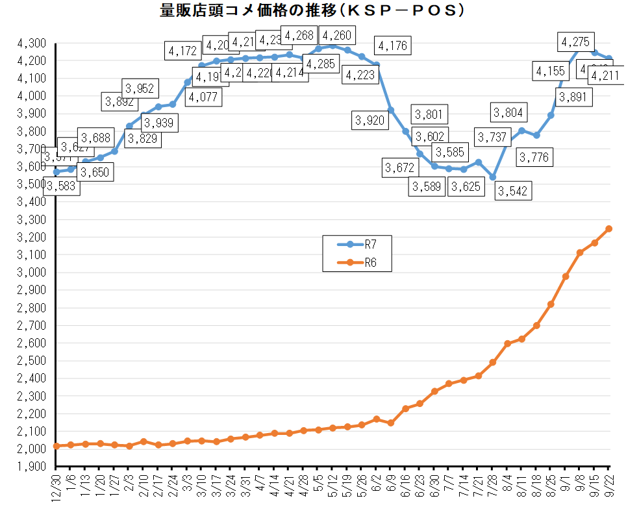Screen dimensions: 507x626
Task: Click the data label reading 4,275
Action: pyautogui.click(x=575, y=42)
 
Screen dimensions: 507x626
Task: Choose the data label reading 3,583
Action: pyautogui.click(x=62, y=187)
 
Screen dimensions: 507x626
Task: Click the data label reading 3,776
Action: pyautogui.click(x=534, y=157)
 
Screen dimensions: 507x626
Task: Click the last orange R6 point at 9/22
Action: pyautogui.click(x=609, y=229)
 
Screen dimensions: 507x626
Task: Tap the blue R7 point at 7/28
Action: pyautogui.click(x=493, y=177)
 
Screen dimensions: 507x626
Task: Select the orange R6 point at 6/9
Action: pyautogui.click(x=391, y=423)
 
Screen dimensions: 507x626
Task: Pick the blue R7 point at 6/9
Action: pyautogui.click(x=391, y=110)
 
